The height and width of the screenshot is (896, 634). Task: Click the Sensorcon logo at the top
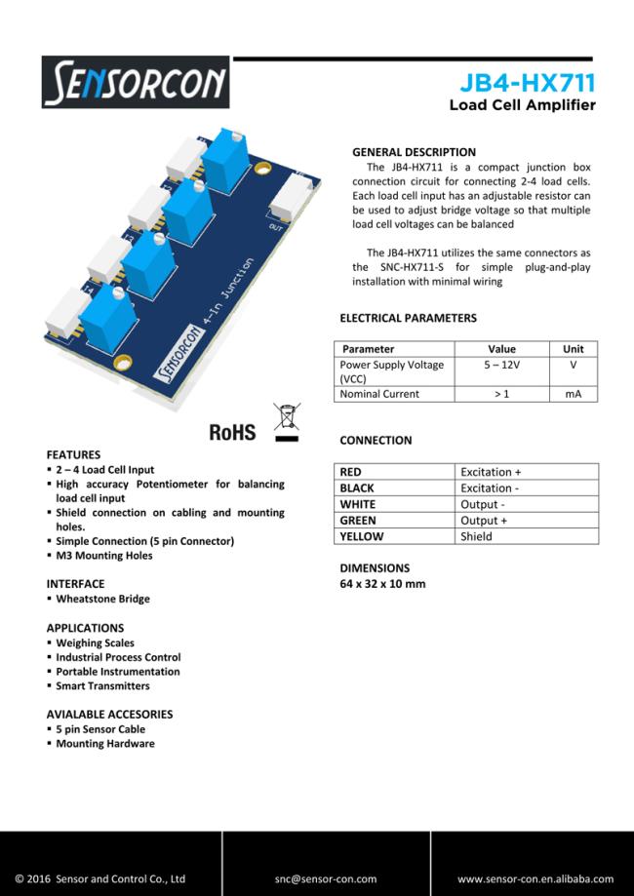tap(136, 82)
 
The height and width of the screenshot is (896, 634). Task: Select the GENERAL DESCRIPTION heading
tap(414, 152)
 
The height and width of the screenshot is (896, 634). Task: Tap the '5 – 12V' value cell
tap(501, 365)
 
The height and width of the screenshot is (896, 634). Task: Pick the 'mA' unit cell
tap(574, 394)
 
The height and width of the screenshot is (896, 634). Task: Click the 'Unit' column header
tap(574, 349)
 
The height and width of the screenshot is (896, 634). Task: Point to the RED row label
tap(350, 472)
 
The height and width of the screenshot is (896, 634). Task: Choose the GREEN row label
tap(357, 521)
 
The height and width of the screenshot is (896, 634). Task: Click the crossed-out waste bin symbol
tap(286, 420)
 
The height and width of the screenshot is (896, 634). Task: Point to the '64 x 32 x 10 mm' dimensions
tap(382, 584)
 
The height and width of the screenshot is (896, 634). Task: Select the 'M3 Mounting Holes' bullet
tap(104, 556)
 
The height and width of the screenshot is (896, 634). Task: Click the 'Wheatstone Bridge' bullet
tap(102, 599)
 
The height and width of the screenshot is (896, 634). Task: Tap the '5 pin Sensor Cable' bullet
tap(100, 729)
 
